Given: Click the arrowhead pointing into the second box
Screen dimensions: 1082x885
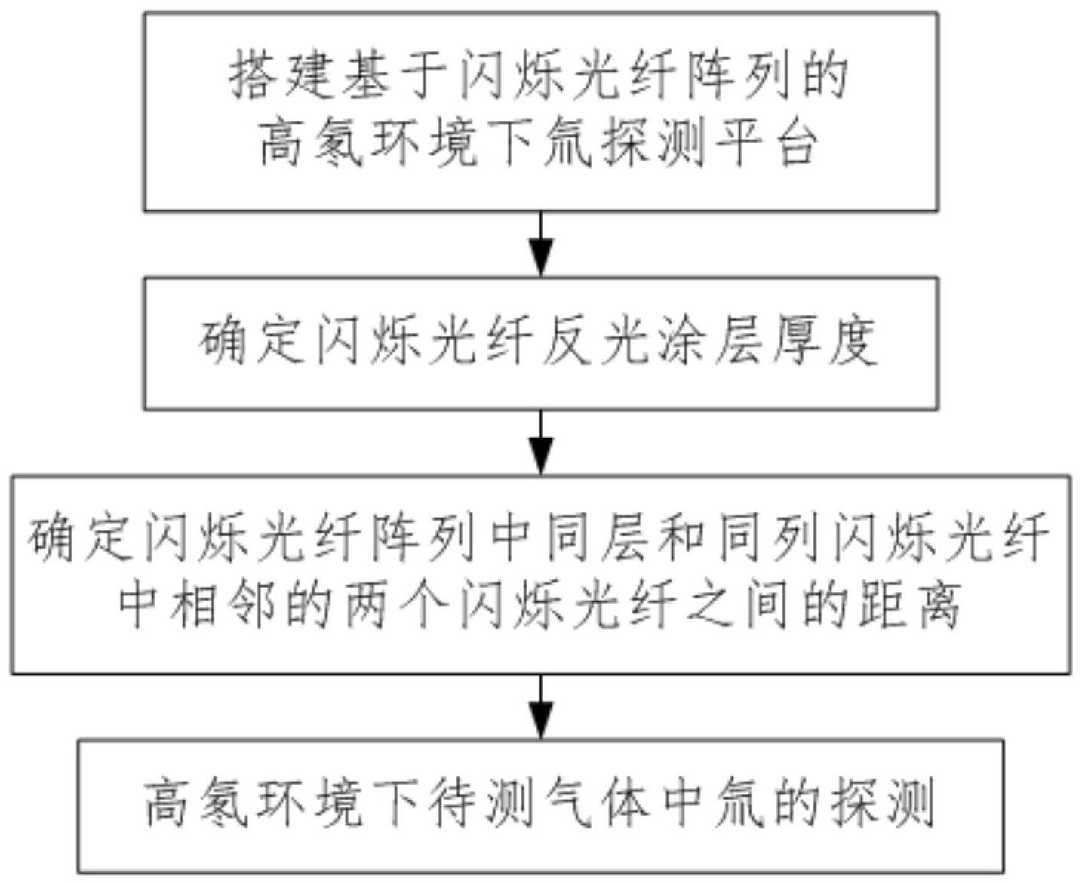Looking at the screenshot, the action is click(541, 259).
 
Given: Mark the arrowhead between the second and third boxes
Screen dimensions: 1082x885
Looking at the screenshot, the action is click(541, 456).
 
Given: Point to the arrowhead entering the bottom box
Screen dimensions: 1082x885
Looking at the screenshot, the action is click(541, 719).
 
